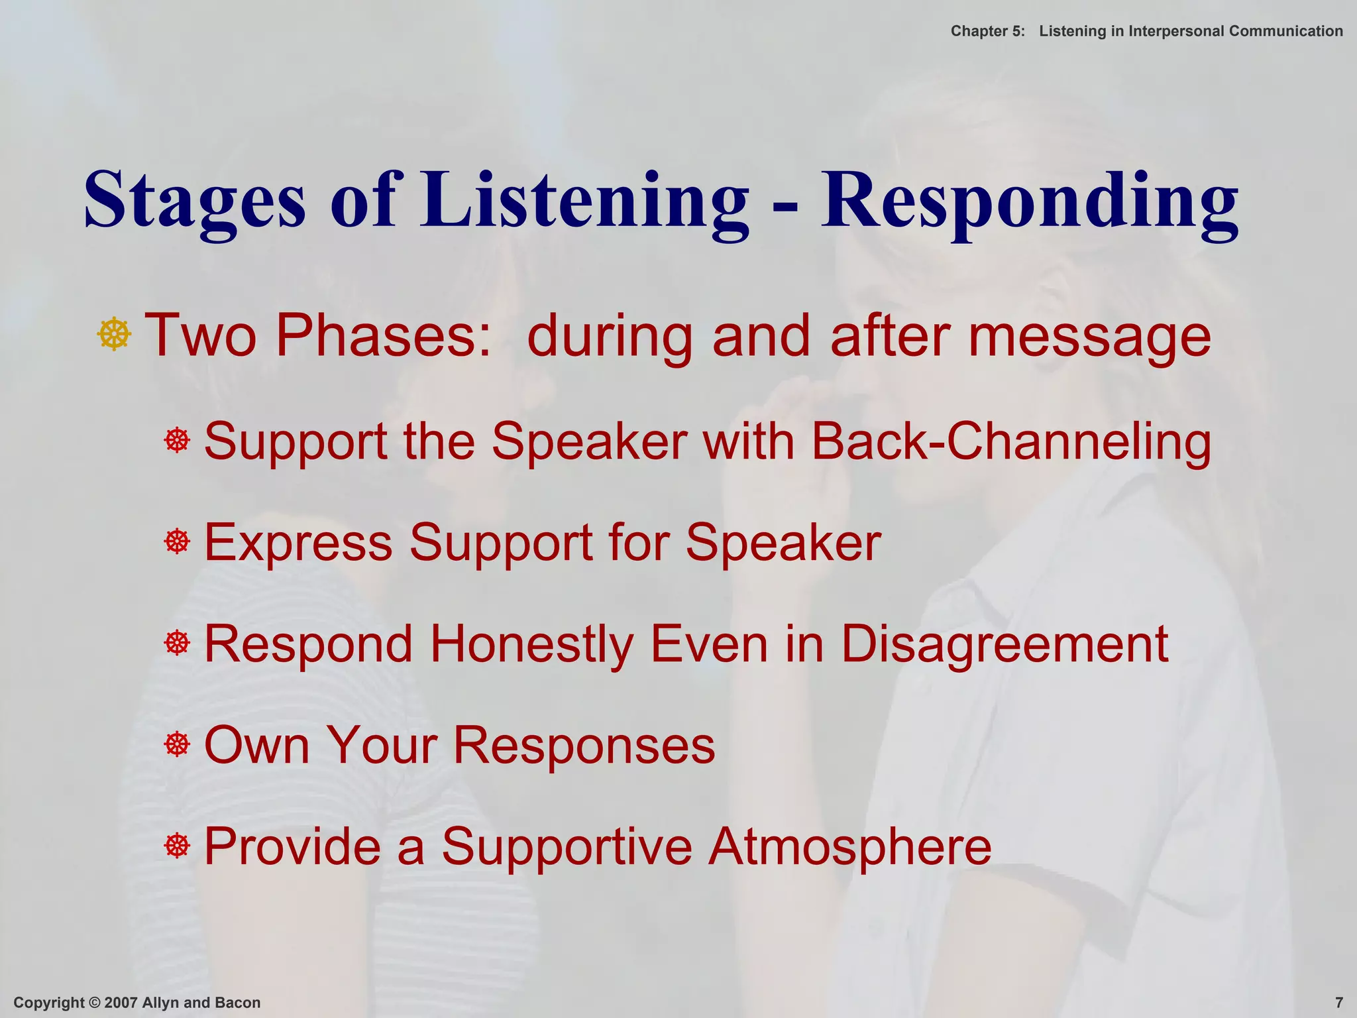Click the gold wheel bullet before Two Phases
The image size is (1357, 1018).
(114, 334)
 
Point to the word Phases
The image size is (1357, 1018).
(384, 335)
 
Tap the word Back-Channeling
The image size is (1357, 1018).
(1011, 441)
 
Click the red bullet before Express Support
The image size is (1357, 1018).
(177, 542)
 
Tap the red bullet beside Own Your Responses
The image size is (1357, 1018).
(177, 744)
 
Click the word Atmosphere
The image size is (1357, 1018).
(849, 846)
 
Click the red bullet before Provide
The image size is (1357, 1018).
(177, 846)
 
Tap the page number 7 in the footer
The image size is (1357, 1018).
(1338, 1003)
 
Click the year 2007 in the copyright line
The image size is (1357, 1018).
(121, 1003)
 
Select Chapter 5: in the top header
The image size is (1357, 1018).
(987, 31)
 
